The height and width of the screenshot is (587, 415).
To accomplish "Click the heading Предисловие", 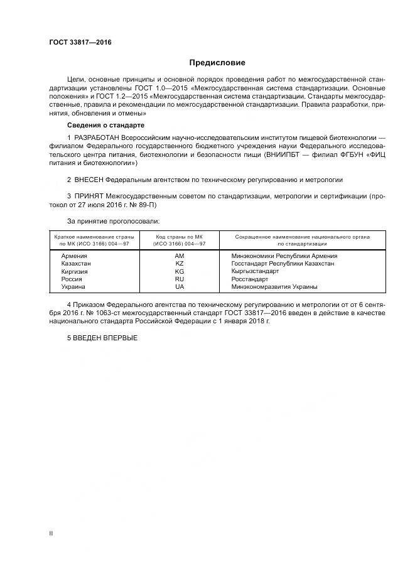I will (217, 63).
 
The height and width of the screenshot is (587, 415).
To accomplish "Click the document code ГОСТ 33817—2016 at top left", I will (75, 43).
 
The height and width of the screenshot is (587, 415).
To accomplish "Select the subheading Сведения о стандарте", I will (105, 125).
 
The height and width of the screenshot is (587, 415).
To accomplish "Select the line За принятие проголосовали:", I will (113, 221).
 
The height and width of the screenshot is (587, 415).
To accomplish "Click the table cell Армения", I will (74, 256).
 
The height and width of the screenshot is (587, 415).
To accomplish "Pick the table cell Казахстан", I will (76, 264).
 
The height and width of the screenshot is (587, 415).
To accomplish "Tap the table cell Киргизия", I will (75, 271).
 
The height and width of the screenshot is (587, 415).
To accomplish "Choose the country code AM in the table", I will (180, 256).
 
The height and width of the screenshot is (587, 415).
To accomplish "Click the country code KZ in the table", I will (180, 264).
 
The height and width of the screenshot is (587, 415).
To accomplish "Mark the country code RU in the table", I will (180, 279).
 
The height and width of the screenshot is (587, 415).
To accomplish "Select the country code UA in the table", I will (180, 286).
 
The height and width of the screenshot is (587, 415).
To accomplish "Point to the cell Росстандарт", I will (250, 279).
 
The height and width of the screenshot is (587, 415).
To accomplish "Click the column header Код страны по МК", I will (180, 236).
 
